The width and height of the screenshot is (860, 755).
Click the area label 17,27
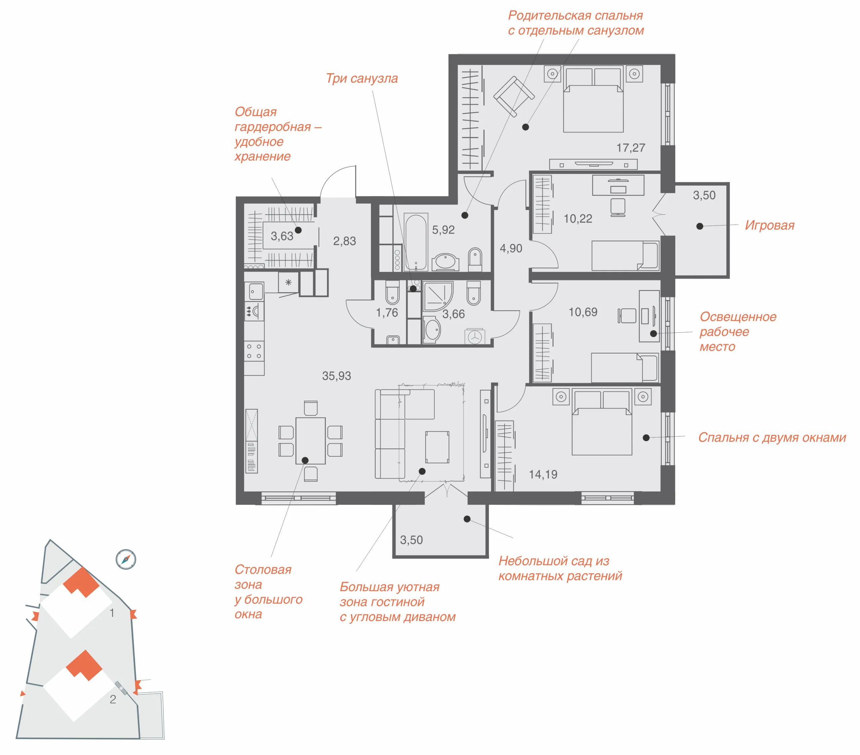click(x=631, y=148)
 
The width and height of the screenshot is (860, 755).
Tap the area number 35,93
click(x=337, y=376)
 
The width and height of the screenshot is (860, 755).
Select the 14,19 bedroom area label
click(x=543, y=475)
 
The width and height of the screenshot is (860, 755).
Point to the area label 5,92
click(x=443, y=230)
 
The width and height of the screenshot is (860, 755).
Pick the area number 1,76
click(x=387, y=313)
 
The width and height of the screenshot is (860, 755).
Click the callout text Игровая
click(x=770, y=225)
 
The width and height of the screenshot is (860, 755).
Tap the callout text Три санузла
click(x=362, y=78)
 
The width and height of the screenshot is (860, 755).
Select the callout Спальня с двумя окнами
click(x=772, y=438)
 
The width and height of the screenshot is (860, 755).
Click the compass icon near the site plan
click(x=126, y=559)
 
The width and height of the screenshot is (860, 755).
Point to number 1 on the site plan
click(x=112, y=613)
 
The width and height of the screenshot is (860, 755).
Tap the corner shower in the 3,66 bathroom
click(x=438, y=296)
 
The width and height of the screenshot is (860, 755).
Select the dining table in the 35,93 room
click(x=310, y=441)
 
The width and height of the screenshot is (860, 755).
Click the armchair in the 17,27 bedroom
click(x=514, y=96)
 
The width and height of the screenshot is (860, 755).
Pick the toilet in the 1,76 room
click(x=393, y=292)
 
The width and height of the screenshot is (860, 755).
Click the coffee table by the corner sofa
click(x=437, y=447)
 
